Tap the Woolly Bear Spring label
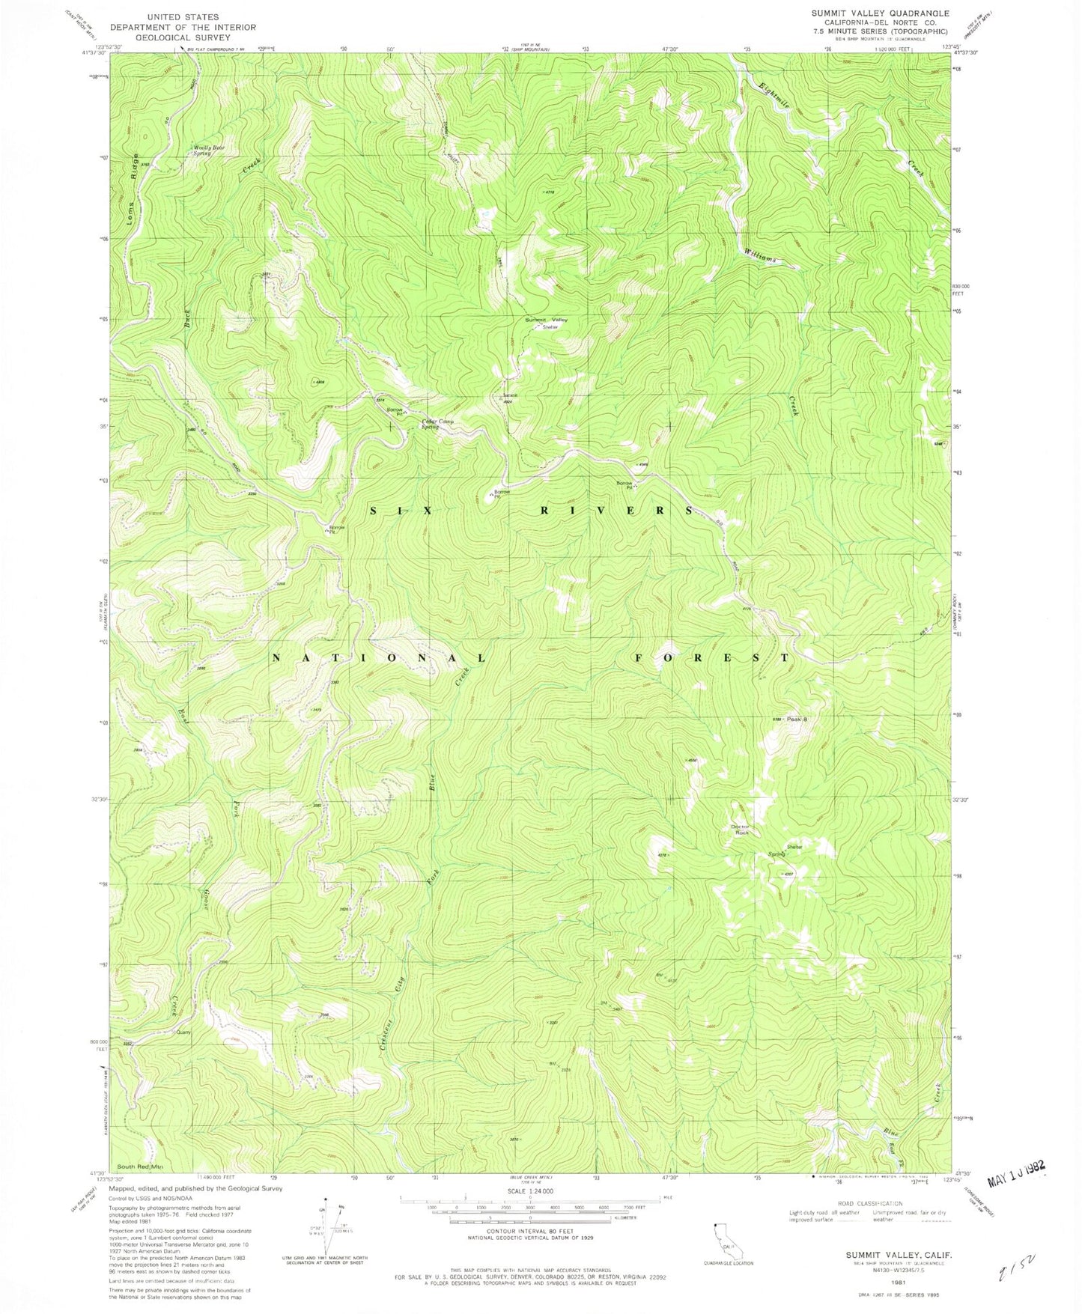(209, 150)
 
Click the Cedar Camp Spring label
(437, 424)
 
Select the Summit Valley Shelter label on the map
(547, 323)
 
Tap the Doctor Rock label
(740, 830)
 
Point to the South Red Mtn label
(139, 1167)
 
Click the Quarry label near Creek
(183, 1032)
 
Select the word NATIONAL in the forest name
(378, 658)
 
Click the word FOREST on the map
(711, 658)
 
